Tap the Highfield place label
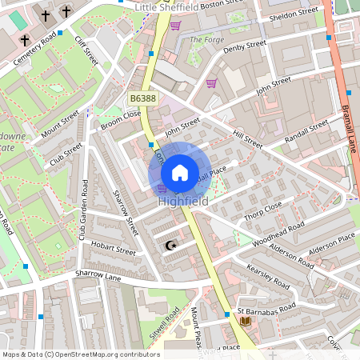point(183,202)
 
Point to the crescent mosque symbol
point(170,246)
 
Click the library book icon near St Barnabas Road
point(245,320)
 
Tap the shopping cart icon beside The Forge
point(175,26)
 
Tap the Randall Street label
point(307,130)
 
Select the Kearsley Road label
point(267,277)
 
